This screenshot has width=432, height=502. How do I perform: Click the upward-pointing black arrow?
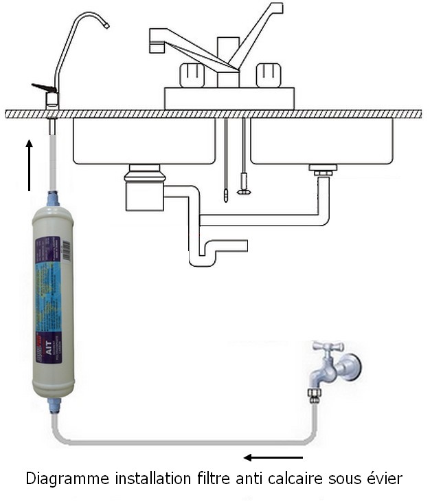pos(28,165)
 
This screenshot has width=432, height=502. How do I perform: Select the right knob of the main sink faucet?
pos(267,75)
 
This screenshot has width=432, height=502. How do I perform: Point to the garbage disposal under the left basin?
pos(144,189)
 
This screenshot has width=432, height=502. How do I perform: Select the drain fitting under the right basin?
pos(322,168)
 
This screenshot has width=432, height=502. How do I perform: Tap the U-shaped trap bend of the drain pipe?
pos(203,259)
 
